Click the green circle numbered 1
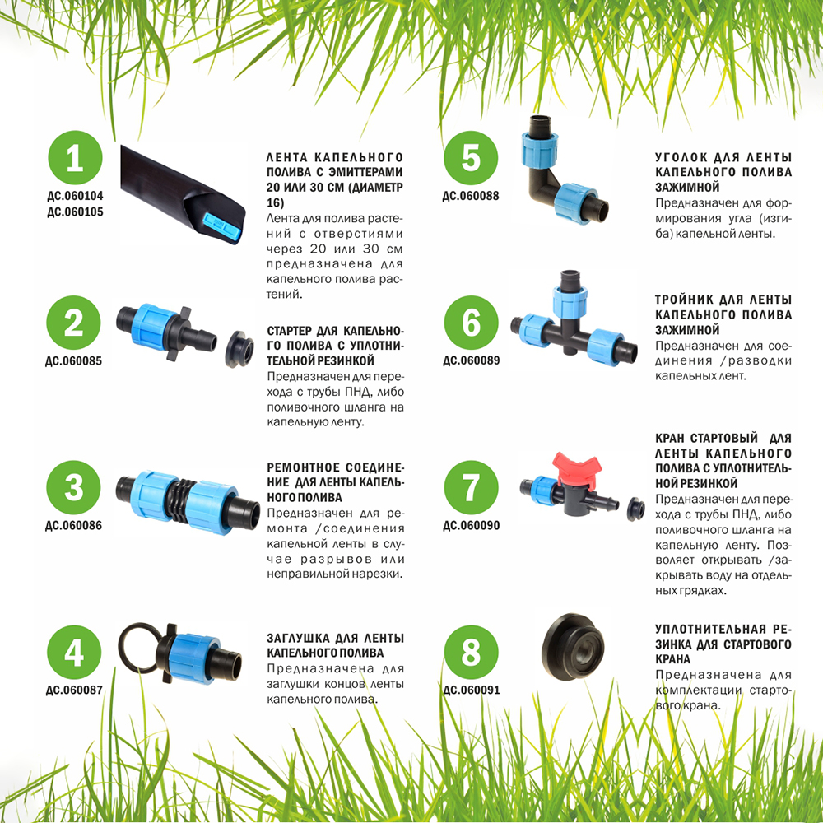pos(75,158)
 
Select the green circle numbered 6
pos(471,323)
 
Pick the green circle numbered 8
pos(471,653)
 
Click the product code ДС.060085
pos(73,361)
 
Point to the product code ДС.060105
pos(75,212)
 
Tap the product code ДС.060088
pos(471,197)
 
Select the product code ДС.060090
pos(472,525)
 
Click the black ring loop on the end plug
pos(137,652)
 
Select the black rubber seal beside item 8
pos(573,647)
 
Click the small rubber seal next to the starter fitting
pos(239,349)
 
